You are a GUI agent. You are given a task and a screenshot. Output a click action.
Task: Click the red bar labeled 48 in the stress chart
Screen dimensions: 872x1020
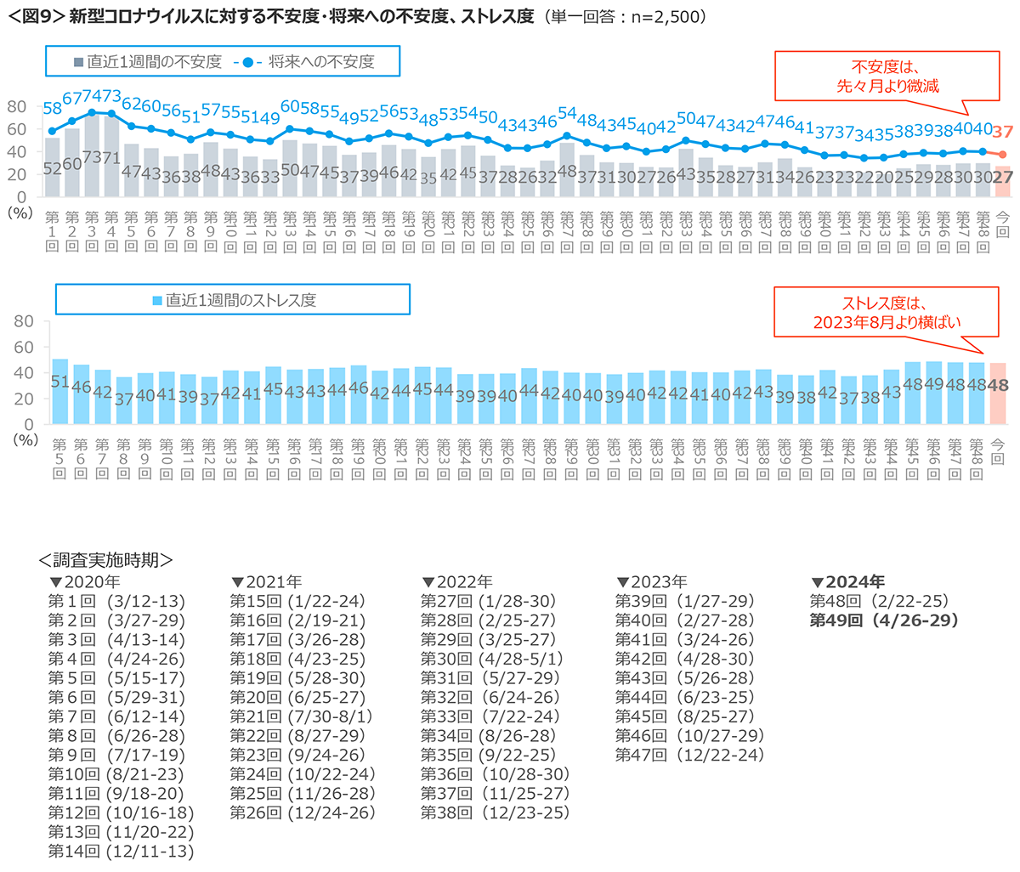pyautogui.click(x=997, y=394)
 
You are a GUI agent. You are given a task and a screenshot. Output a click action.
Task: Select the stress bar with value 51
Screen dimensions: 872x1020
pyautogui.click(x=59, y=391)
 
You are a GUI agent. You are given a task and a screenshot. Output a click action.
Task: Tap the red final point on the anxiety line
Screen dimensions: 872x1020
pyautogui.click(x=1002, y=154)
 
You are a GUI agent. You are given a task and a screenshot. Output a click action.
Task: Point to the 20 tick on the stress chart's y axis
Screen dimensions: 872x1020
pyautogui.click(x=25, y=399)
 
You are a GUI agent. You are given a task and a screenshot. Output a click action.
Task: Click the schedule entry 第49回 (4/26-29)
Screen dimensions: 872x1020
pyautogui.click(x=884, y=620)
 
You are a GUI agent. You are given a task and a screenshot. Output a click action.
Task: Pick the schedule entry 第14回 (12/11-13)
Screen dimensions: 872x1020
pyautogui.click(x=120, y=851)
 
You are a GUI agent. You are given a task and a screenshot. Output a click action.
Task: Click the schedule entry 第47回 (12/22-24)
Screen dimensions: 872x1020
pyautogui.click(x=689, y=755)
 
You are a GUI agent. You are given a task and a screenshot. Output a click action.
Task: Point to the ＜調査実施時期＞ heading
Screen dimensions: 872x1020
pyautogui.click(x=106, y=560)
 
